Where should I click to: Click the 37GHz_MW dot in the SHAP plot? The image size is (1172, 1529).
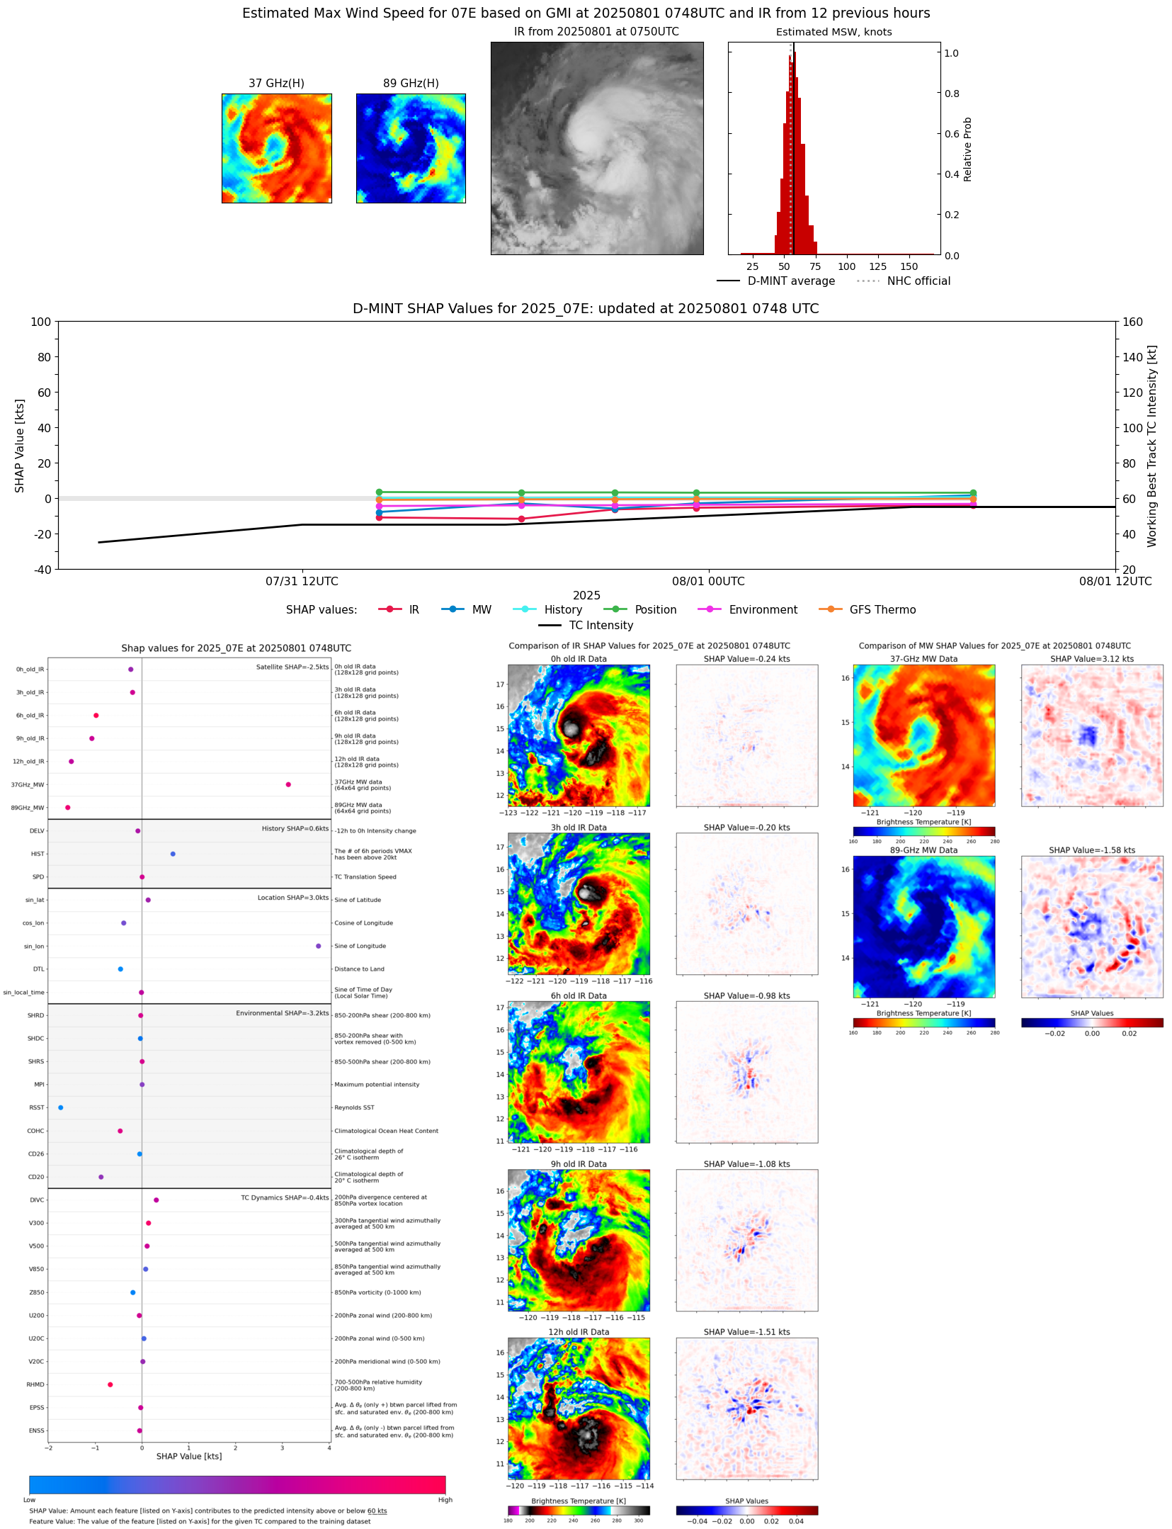point(288,784)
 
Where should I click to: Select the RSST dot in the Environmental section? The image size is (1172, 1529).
point(60,1107)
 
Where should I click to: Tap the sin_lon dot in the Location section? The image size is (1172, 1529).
point(318,946)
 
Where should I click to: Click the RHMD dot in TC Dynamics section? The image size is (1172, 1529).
point(110,1384)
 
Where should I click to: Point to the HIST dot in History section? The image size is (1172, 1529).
point(173,854)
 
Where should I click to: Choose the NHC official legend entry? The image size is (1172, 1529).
point(918,281)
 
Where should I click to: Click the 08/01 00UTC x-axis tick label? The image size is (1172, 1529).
point(708,582)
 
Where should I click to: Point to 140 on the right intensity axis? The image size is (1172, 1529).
point(1132,357)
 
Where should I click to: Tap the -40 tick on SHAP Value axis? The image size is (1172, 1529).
point(42,570)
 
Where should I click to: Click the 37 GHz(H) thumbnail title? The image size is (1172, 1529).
point(276,84)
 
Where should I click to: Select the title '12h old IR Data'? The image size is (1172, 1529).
point(579,1332)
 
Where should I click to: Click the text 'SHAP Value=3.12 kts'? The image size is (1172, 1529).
point(1091,659)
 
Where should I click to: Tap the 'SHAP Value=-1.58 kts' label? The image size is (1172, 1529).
point(1091,850)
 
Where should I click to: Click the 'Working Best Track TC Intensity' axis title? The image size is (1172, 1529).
point(1152,446)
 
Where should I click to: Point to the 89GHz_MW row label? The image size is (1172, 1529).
point(28,808)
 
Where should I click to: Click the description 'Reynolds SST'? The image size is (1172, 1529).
point(354,1107)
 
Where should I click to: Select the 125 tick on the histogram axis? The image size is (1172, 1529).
point(877,267)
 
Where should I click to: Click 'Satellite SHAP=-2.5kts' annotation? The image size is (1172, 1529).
point(292,667)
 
